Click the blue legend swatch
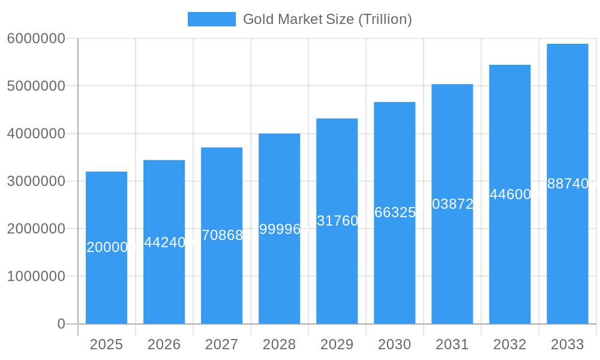coord(211,19)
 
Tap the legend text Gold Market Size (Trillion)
coord(327,19)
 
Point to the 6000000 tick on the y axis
coord(36,38)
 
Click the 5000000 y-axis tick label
coord(36,86)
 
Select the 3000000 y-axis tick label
coord(36,181)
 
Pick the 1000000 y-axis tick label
coord(36,277)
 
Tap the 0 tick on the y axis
coord(61,324)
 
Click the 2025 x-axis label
coord(106,344)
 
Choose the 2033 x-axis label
coord(567,344)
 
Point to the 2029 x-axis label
coord(337,344)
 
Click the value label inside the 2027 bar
coord(222,235)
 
